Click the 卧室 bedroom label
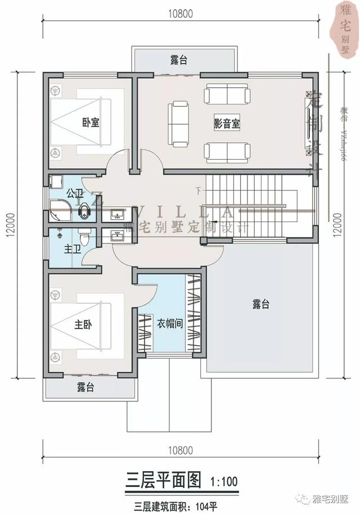[x=91, y=123]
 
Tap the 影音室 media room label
[x=227, y=124]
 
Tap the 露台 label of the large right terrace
[x=260, y=304]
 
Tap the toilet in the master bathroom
[x=84, y=238]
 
